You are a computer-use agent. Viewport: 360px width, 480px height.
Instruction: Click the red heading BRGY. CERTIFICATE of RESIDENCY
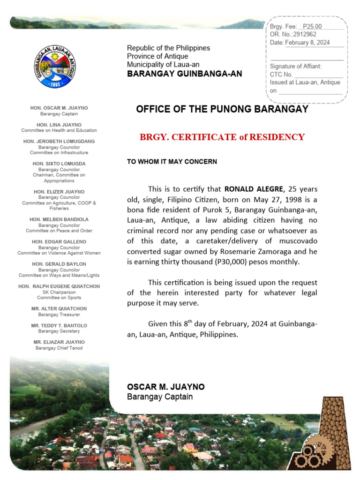[222, 137]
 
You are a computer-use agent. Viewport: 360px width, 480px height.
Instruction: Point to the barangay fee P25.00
[312, 26]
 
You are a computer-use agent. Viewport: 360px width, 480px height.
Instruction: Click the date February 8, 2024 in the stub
[307, 43]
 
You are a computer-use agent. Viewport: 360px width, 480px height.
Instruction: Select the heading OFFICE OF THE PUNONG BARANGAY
[222, 109]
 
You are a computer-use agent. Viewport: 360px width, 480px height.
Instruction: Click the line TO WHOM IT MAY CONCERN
[172, 162]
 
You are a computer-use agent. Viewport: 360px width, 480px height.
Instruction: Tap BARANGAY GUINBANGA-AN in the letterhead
[185, 74]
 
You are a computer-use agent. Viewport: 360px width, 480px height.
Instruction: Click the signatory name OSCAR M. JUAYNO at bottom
[166, 387]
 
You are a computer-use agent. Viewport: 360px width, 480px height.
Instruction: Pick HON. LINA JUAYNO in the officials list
[59, 125]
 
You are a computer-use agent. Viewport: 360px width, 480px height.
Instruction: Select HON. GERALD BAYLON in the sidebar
[59, 264]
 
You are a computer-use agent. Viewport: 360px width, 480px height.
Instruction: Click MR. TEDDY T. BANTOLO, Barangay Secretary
[59, 325]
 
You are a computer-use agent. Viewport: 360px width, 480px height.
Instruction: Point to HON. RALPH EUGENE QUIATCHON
[59, 286]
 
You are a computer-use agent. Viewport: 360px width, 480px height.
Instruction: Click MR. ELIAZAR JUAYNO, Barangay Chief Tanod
[59, 342]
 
